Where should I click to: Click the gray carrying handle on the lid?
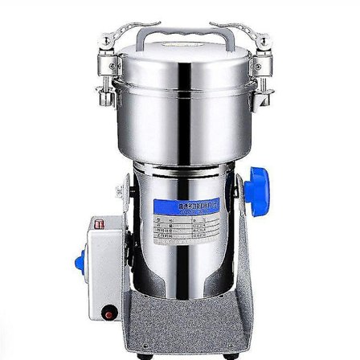180,32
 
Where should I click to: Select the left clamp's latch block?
105,63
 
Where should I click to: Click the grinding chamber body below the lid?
180,121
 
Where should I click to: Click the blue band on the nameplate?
186,205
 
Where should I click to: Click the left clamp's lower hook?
105,95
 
